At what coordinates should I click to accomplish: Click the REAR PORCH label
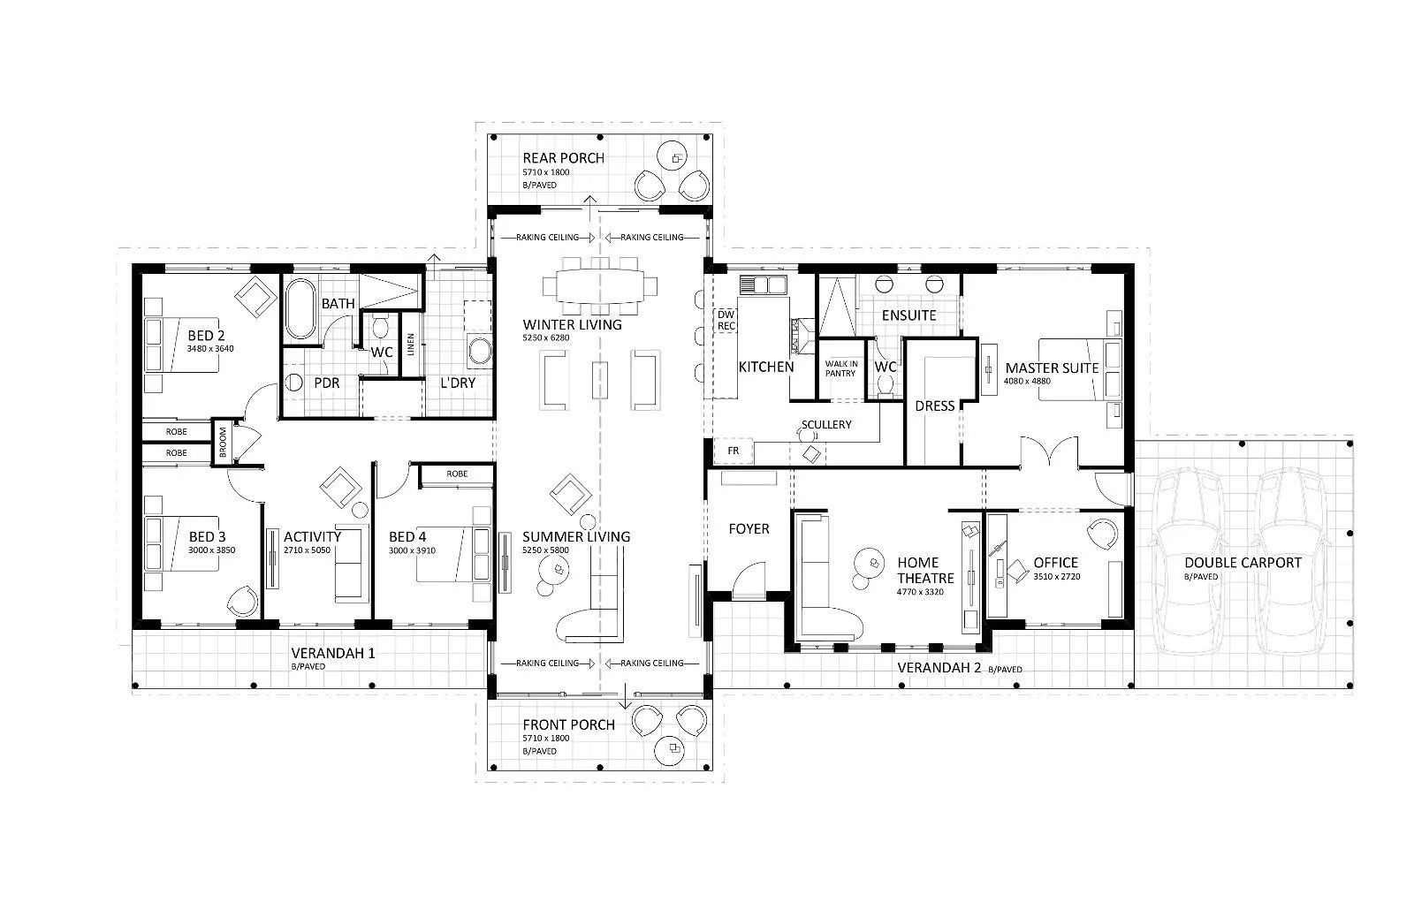coord(563,158)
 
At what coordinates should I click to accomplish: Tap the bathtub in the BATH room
coord(300,309)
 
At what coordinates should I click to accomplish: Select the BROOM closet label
coord(222,441)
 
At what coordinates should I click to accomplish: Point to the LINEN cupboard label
coord(411,345)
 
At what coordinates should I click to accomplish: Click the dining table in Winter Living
coord(600,286)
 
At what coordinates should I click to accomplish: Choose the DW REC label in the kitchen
coord(726,320)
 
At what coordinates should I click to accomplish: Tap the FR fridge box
coord(733,451)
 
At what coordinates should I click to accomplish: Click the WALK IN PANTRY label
coord(840,368)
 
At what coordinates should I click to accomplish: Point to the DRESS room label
coord(934,406)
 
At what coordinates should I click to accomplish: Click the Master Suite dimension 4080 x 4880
coord(1027,381)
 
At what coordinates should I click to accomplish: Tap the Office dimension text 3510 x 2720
coord(1057,576)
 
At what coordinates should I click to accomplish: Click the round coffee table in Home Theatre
coord(869,563)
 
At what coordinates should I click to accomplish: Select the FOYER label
coord(749,529)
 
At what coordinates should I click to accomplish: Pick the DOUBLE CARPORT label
coord(1243,562)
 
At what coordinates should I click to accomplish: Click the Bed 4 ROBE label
coord(457,474)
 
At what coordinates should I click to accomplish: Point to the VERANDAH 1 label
coord(332,653)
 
